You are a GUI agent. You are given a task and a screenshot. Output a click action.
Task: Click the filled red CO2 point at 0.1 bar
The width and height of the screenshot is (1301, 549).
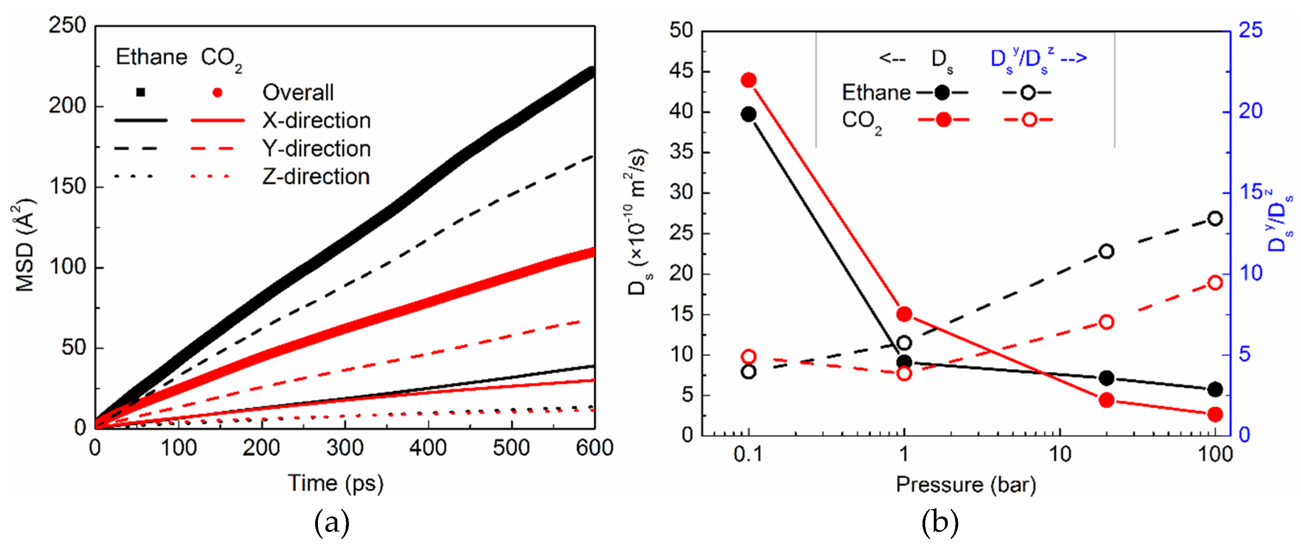(x=748, y=80)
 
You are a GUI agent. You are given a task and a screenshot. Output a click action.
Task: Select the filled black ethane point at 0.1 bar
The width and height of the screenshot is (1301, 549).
(x=748, y=114)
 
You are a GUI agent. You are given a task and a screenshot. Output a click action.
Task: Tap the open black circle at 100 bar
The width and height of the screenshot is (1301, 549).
(x=1215, y=219)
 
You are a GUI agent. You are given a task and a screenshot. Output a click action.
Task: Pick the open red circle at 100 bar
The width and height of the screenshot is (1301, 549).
(x=1215, y=282)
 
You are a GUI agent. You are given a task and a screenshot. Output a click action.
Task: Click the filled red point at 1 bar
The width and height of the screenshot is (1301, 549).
(x=904, y=314)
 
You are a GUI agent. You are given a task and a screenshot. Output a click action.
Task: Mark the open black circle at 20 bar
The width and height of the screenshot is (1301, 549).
(x=1106, y=251)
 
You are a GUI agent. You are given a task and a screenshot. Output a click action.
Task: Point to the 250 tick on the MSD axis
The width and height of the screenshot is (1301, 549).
(x=67, y=25)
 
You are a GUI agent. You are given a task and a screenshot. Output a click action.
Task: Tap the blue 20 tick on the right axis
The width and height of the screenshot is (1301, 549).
(x=1250, y=111)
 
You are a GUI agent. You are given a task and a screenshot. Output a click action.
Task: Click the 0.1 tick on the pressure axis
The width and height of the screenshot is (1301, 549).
(x=748, y=455)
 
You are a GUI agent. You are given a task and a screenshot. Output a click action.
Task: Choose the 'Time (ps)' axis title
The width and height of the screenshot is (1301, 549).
(x=335, y=483)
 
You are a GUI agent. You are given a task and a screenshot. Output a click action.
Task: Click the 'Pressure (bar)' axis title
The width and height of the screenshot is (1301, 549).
(x=966, y=485)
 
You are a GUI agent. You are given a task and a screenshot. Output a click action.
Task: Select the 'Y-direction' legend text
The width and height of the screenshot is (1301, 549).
(x=316, y=148)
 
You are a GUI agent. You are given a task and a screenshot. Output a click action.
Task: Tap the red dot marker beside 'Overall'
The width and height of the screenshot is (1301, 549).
(x=217, y=92)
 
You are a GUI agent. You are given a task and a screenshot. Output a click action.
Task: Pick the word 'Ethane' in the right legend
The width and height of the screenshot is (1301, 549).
(x=876, y=92)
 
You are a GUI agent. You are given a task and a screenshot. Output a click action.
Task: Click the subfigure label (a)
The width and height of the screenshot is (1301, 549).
(x=331, y=523)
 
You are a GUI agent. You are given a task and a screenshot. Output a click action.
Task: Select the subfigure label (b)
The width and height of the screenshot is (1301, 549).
(x=940, y=523)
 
